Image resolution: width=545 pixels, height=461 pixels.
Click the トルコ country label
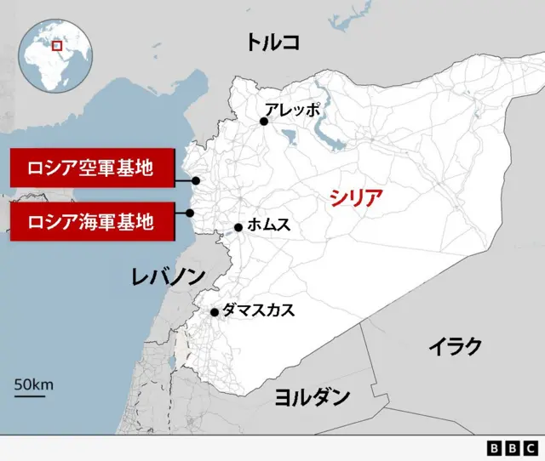(x=272, y=42)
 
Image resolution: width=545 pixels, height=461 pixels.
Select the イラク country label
(x=455, y=346)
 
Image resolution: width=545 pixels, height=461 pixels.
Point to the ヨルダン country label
(x=313, y=396)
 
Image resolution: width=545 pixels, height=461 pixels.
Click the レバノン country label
(x=168, y=276)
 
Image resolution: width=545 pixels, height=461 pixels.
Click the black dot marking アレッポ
(x=264, y=122)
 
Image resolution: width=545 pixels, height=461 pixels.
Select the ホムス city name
(x=269, y=225)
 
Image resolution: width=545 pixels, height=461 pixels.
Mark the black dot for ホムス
(x=239, y=227)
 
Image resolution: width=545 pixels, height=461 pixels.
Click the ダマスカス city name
(x=258, y=310)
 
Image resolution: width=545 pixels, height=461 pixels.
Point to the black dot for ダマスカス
(x=215, y=312)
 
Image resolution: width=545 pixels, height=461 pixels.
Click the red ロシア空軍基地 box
(x=91, y=168)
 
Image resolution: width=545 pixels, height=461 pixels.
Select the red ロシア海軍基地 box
(x=91, y=222)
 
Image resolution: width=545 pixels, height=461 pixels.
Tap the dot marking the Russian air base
(x=196, y=180)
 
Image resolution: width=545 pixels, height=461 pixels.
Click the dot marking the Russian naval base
(x=191, y=213)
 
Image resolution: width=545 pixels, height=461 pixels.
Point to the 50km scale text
(x=33, y=384)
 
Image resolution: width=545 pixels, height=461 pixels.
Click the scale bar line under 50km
(x=30, y=396)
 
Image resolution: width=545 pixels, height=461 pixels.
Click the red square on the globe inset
(x=57, y=45)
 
